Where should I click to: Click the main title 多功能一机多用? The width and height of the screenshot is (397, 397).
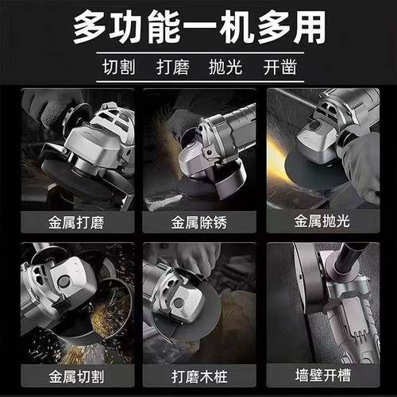click(x=198, y=29)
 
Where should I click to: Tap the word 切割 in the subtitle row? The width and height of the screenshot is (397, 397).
click(x=118, y=66)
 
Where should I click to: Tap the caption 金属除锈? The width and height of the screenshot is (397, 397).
click(x=198, y=220)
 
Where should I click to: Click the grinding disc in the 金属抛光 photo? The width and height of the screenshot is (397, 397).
click(x=306, y=175)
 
